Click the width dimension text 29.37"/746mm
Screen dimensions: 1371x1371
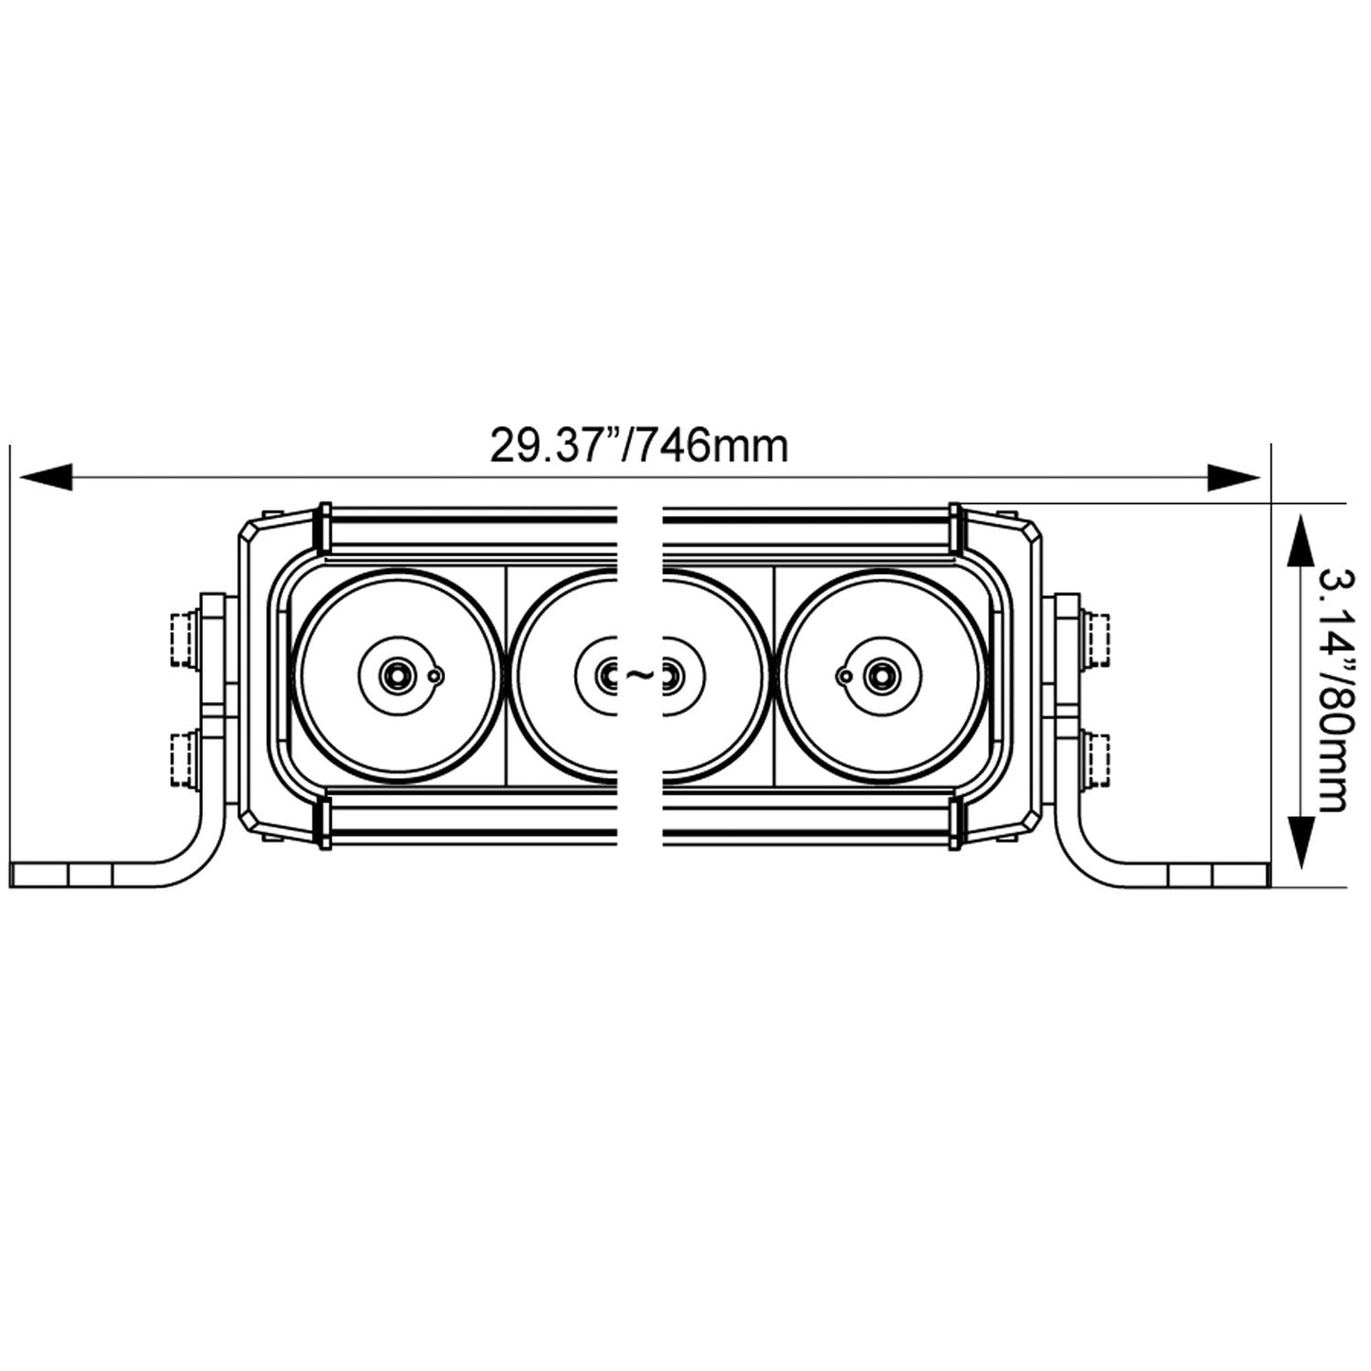point(639,446)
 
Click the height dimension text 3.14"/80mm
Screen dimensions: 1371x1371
point(1333,690)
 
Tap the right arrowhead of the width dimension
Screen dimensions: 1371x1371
point(1233,477)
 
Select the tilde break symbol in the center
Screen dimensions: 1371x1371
point(639,675)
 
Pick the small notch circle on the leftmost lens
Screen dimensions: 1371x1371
point(435,676)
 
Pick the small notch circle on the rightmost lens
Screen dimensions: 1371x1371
point(843,676)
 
